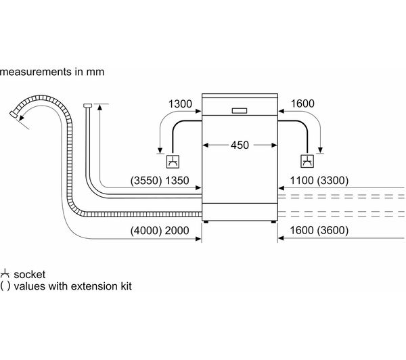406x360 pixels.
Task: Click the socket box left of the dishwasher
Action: click(x=173, y=161)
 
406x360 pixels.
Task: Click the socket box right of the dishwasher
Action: click(x=308, y=161)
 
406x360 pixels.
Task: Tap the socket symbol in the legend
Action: click(x=5, y=274)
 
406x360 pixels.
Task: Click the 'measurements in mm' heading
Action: click(x=53, y=70)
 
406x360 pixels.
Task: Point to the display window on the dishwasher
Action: click(x=240, y=110)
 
